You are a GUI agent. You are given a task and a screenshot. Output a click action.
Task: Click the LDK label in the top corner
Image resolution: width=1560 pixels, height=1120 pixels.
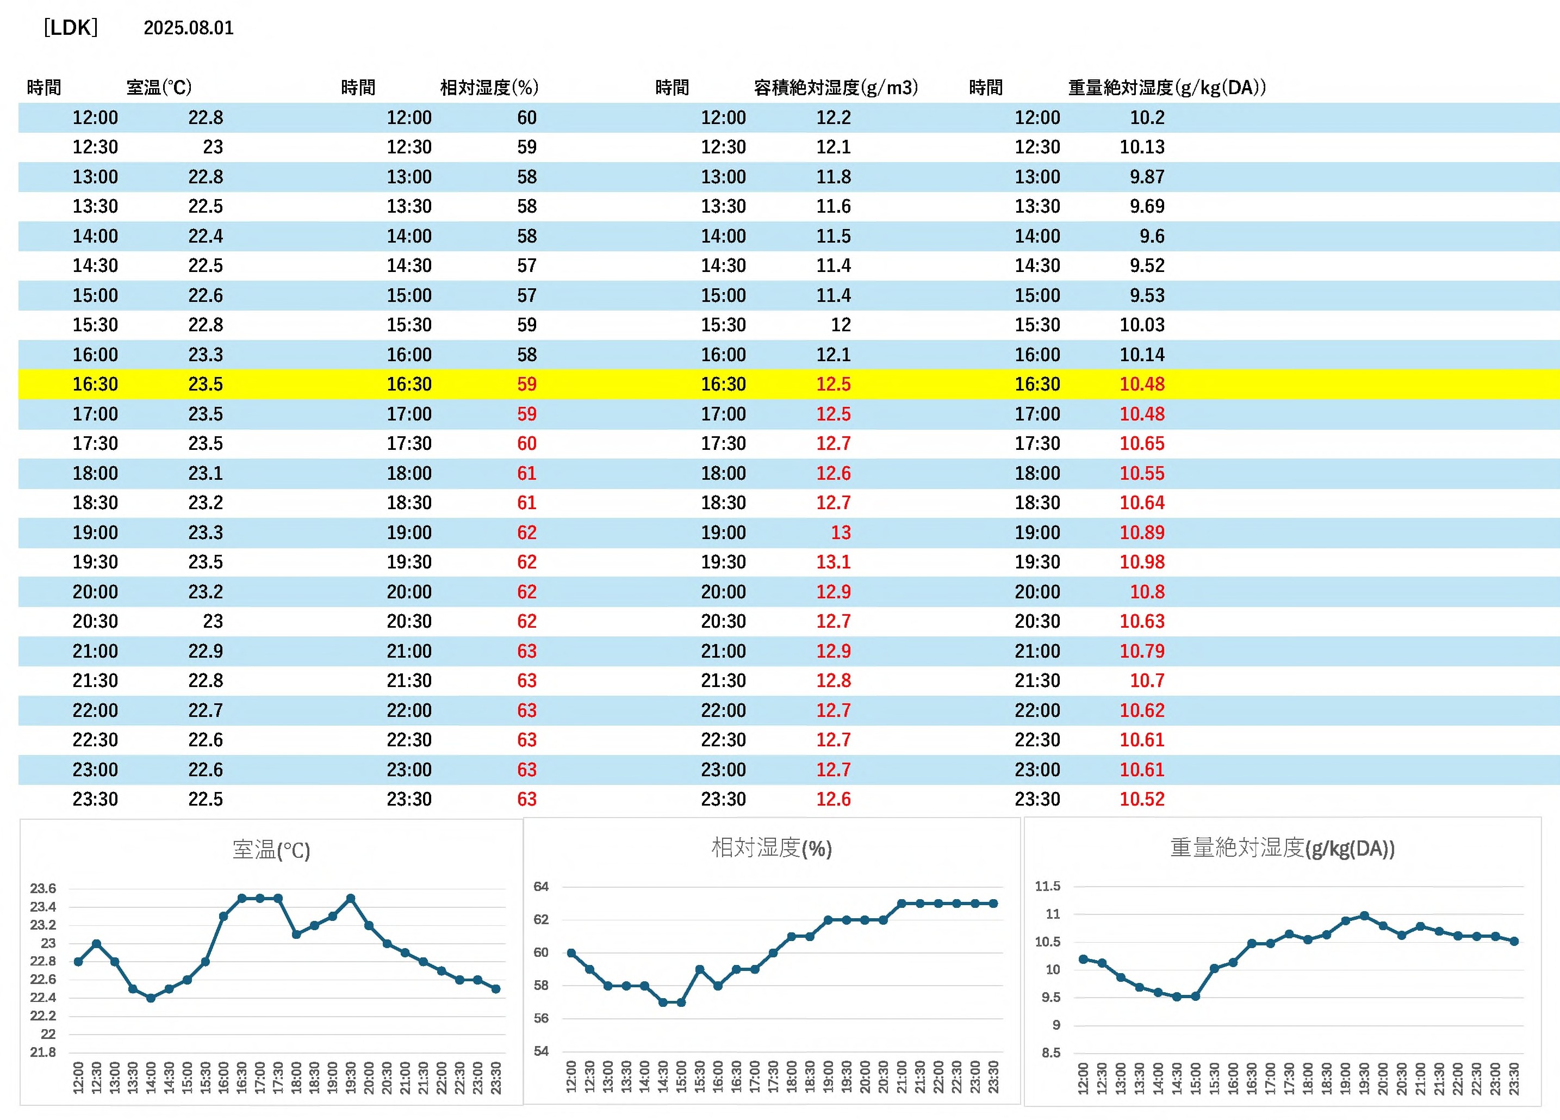pyautogui.click(x=71, y=28)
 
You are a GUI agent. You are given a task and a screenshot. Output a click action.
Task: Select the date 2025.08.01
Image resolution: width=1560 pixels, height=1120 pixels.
pyautogui.click(x=189, y=28)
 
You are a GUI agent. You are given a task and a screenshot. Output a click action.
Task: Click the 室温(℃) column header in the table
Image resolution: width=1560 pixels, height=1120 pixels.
pyautogui.click(x=159, y=88)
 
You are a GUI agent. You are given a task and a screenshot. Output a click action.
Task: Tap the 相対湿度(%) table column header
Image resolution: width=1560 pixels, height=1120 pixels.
pyautogui.click(x=489, y=88)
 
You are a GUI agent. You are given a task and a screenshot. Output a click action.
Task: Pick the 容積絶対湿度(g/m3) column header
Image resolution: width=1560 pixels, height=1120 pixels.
pyautogui.click(x=836, y=88)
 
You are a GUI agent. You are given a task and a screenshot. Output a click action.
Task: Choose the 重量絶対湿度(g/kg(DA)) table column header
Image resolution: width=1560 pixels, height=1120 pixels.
pyautogui.click(x=1166, y=88)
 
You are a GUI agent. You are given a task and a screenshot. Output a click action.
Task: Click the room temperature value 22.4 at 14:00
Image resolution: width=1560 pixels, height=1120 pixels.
pyautogui.click(x=205, y=236)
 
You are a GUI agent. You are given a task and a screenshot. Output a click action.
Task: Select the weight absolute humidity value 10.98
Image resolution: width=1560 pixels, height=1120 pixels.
pyautogui.click(x=1142, y=562)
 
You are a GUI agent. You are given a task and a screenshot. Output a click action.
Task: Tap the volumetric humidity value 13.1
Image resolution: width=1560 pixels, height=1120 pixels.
pyautogui.click(x=833, y=562)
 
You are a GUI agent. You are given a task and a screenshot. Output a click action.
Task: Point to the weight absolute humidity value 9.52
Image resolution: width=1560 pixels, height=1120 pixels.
pyautogui.click(x=1147, y=265)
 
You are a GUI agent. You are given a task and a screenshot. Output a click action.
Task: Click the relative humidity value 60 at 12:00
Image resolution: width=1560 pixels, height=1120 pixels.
pyautogui.click(x=526, y=117)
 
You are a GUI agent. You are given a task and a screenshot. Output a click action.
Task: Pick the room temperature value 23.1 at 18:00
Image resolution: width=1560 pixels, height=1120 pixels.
pyautogui.click(x=205, y=473)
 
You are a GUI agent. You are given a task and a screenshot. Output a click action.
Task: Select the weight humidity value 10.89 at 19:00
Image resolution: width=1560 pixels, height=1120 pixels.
pyautogui.click(x=1142, y=533)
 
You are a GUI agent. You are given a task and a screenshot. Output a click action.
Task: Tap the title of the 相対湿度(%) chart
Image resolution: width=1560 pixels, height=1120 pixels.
pyautogui.click(x=771, y=847)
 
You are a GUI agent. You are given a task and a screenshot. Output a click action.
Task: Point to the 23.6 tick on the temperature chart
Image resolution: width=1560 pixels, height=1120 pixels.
pyautogui.click(x=42, y=888)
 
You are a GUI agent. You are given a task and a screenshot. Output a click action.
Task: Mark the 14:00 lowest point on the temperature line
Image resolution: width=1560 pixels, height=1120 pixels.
pyautogui.click(x=151, y=998)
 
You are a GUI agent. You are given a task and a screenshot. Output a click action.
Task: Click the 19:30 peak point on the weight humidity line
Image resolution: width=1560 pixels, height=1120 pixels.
pyautogui.click(x=1364, y=915)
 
